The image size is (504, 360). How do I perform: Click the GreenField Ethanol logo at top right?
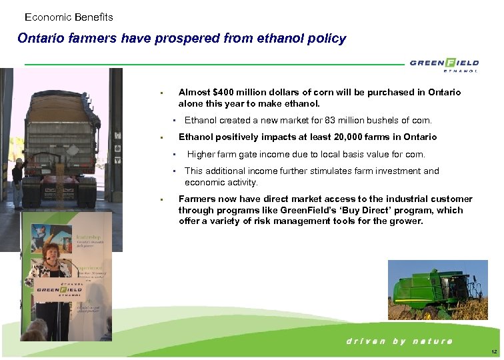tap(444, 64)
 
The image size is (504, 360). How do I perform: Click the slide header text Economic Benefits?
tap(69, 17)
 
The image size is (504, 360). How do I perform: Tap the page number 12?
tap(493, 351)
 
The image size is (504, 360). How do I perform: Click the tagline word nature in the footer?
tap(432, 341)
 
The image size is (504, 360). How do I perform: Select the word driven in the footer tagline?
tap(365, 341)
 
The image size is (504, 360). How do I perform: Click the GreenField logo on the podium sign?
tap(59, 289)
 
